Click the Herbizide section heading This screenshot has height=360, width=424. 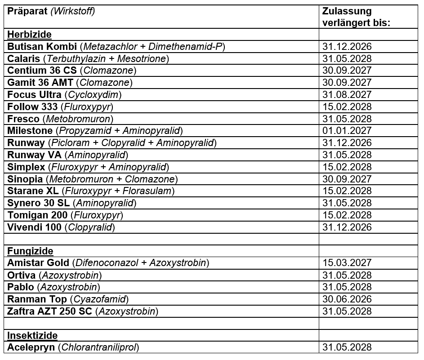pos(30,35)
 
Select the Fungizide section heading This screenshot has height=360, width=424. pos(30,251)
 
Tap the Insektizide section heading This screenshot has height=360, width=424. pos(32,336)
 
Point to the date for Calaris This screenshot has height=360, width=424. pos(347,59)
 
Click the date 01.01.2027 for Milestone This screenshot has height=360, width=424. pos(347,131)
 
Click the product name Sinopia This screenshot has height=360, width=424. pos(25,179)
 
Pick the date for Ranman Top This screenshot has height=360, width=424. pos(347,299)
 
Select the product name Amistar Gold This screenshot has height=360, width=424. pos(38,263)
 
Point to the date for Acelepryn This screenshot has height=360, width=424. pos(347,347)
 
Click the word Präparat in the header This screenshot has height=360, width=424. pos(27,11)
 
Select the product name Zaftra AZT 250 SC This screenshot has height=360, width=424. pos(50,311)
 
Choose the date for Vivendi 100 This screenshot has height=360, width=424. pos(347,227)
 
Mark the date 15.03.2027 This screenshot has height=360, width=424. pos(347,263)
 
